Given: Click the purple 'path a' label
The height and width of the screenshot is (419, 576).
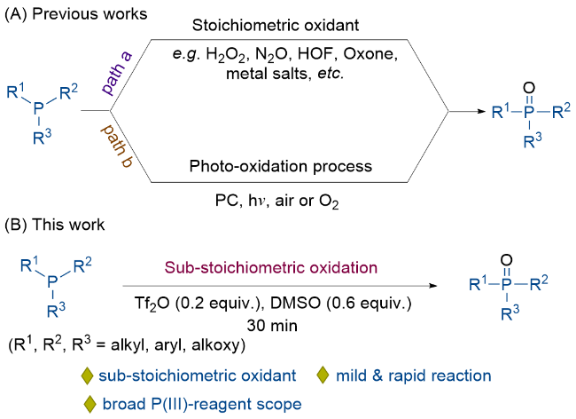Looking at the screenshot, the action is coord(117,73).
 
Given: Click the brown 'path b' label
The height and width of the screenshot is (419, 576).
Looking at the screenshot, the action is coord(117,146).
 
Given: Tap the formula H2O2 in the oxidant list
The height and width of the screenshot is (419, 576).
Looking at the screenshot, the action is coord(226,55).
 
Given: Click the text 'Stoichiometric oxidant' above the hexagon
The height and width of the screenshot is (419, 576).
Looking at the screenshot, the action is coord(276,26).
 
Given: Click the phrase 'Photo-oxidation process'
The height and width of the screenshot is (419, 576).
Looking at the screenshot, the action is coord(281,166).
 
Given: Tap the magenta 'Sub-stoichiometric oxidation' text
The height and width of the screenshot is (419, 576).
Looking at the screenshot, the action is coord(271,267).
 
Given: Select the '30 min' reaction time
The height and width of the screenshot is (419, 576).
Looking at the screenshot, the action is coord(272,326).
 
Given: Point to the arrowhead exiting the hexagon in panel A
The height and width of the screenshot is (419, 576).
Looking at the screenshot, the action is coord(481,111).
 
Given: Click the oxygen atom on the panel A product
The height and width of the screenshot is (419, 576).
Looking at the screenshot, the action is coord(529,88).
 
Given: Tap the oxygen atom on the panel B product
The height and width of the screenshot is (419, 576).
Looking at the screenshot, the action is coord(507,260).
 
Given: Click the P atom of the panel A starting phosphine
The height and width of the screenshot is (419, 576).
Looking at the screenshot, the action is coord(39,108).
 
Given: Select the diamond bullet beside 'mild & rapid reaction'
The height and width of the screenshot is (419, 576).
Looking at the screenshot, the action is coord(323,376).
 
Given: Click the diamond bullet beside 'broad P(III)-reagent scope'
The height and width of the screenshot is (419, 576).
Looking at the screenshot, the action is coord(90,404).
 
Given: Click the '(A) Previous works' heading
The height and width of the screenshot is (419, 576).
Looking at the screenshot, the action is coord(76,14).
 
